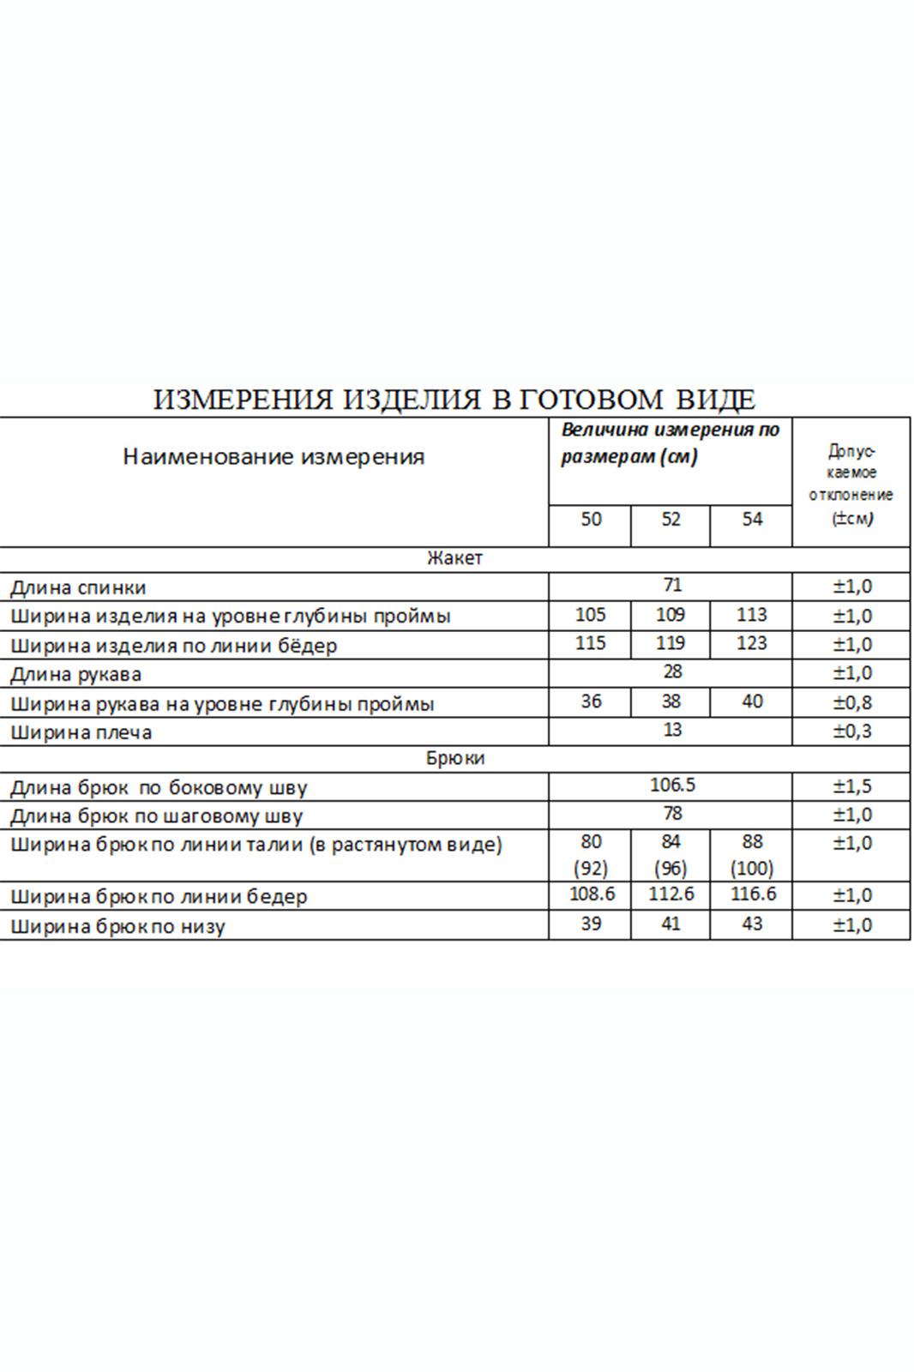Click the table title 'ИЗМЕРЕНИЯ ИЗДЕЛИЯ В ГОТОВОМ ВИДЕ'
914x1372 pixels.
454,400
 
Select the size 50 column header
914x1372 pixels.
591,520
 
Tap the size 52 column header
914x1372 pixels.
670,520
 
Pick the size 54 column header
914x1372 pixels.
752,520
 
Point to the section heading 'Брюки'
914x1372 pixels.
454,759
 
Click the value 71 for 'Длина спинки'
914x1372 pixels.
672,586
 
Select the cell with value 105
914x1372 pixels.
591,615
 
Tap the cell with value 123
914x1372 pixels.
752,644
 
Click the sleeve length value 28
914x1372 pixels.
672,672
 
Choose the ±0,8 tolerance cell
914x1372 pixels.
852,703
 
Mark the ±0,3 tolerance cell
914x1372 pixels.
852,731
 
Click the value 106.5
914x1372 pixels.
672,786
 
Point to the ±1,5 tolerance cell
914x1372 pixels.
852,786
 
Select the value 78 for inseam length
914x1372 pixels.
672,814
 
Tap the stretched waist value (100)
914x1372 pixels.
752,868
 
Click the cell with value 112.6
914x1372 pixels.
670,895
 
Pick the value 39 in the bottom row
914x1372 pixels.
591,924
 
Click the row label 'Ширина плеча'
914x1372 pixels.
81,732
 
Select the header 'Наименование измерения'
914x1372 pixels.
274,457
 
